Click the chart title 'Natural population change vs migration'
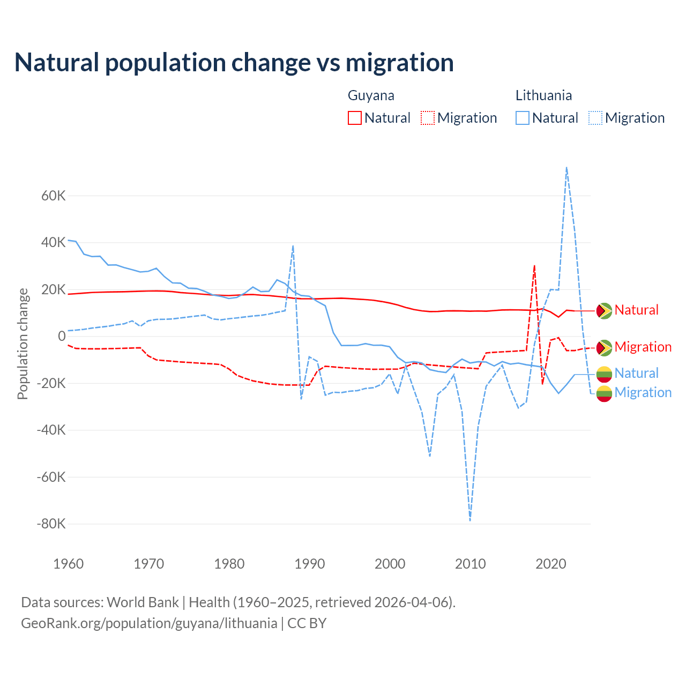(234, 63)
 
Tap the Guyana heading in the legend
(371, 95)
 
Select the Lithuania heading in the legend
(543, 95)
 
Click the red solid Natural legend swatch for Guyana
(355, 118)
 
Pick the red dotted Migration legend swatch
(428, 118)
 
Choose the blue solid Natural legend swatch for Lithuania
(523, 118)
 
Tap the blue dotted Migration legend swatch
(595, 118)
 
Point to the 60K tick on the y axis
(54, 196)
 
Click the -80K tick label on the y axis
(51, 524)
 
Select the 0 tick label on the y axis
(62, 337)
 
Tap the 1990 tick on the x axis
(310, 564)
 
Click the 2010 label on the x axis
(471, 564)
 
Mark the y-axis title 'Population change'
(23, 344)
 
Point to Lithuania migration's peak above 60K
(566, 168)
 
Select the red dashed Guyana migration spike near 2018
(534, 266)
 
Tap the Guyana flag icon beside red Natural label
(604, 310)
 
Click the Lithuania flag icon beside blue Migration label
(604, 393)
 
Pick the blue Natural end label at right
(636, 373)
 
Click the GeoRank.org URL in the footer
(149, 623)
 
